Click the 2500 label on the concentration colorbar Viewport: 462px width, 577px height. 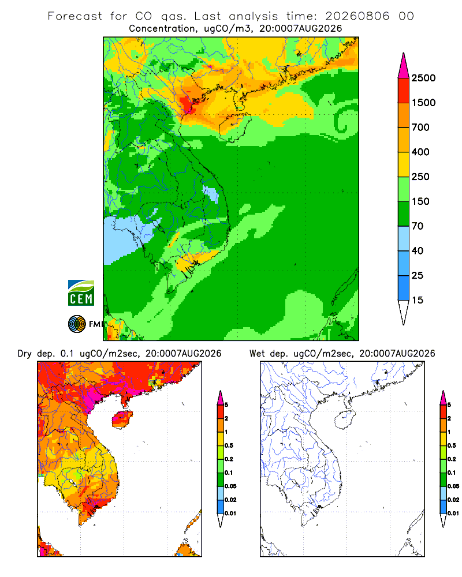(x=423, y=78)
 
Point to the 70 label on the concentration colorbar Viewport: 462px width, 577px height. (x=418, y=226)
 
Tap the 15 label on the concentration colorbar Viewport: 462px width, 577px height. (x=418, y=300)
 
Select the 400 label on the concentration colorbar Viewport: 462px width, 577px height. (x=420, y=152)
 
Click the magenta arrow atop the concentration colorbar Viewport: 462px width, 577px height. (x=404, y=66)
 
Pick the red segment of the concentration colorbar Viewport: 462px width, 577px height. (x=404, y=91)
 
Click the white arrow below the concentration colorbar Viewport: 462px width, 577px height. (x=404, y=312)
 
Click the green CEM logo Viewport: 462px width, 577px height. (x=81, y=293)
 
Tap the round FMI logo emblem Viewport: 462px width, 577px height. (x=77, y=324)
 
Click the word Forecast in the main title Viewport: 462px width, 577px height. (x=75, y=16)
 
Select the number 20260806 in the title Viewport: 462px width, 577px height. (x=357, y=16)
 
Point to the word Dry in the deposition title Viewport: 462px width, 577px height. (x=25, y=354)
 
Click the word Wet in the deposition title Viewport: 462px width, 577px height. (x=257, y=353)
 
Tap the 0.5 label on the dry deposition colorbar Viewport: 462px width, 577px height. (x=229, y=445)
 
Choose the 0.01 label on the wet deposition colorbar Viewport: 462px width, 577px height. (x=453, y=514)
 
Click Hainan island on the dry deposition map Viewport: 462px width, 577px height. (x=122, y=419)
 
